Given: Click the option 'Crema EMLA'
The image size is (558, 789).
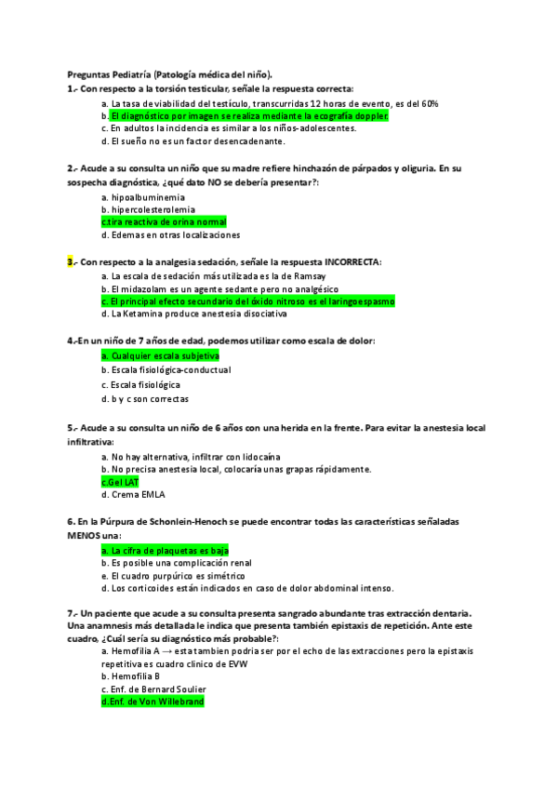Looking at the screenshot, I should coord(131,495).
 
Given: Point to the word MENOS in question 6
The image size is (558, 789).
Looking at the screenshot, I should coord(82,537).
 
